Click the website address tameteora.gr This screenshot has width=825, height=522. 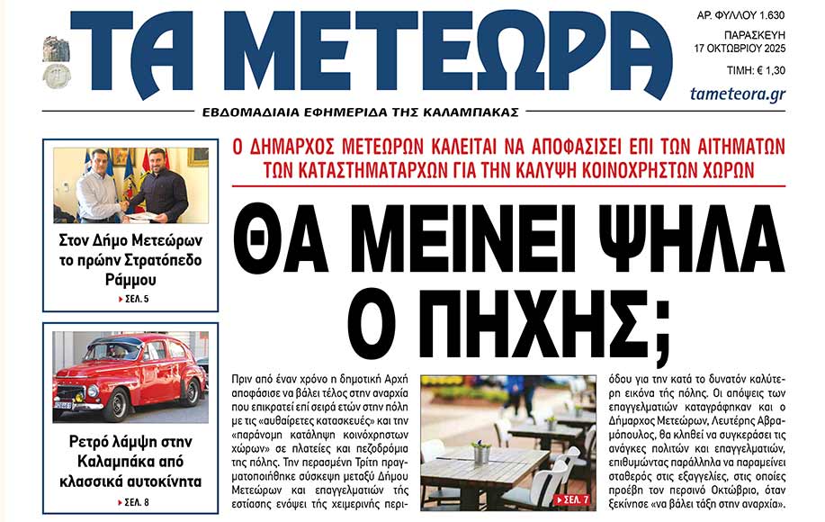(737, 94)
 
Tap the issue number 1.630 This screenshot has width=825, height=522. (767, 16)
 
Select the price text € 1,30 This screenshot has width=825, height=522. (765, 69)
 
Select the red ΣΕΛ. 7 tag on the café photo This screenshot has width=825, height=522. (574, 498)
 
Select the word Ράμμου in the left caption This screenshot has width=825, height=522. (135, 278)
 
